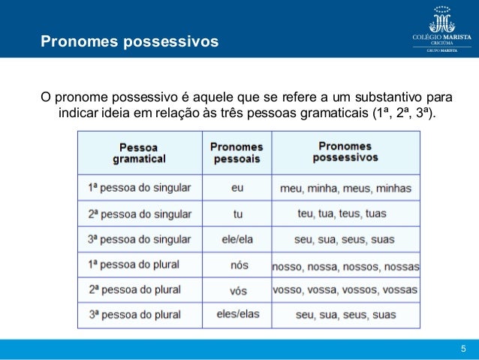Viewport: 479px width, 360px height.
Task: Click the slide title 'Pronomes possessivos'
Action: tap(129, 39)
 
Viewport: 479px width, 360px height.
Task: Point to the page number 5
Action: tap(463, 348)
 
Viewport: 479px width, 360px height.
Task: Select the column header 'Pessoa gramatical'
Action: tap(139, 153)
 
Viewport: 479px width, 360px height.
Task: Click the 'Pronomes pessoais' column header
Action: tap(236, 153)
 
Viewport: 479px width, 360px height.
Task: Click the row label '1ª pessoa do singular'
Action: tap(140, 187)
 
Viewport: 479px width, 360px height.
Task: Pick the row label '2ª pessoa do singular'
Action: tap(140, 213)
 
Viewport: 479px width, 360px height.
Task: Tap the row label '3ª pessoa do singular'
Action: tap(140, 239)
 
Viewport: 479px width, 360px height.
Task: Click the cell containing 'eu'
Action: tap(237, 188)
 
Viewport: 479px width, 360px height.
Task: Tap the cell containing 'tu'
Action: tap(237, 214)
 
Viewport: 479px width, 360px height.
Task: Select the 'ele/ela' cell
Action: tap(237, 240)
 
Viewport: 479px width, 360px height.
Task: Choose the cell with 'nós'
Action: tap(237, 265)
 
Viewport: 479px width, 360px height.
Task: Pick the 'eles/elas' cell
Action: tap(237, 314)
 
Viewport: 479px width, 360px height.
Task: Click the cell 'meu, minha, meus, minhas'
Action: tap(345, 188)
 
